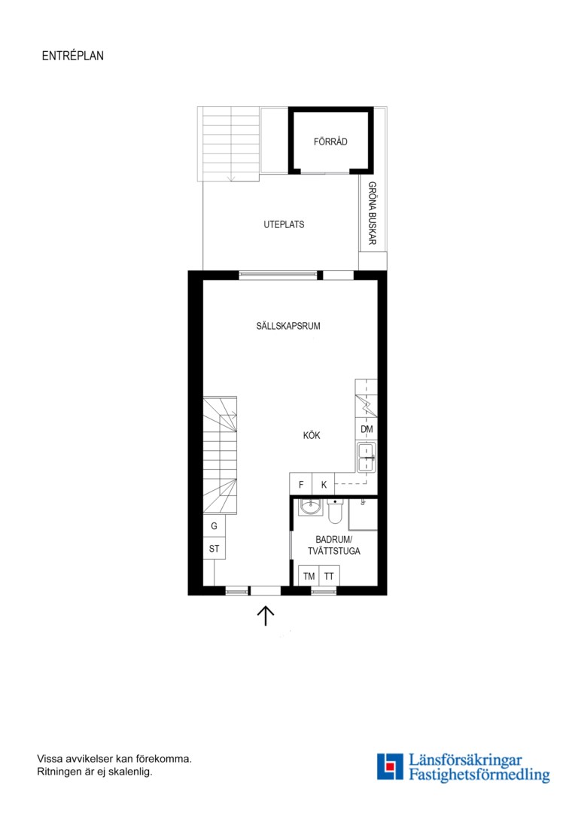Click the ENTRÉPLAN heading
click(72, 56)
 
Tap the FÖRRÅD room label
click(330, 142)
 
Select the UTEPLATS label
click(284, 224)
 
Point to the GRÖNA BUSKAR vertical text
click(373, 213)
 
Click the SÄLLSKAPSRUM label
click(288, 326)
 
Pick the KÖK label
click(312, 436)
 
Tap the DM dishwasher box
click(367, 429)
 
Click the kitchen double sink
click(367, 458)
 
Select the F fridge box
click(301, 484)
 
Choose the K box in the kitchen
click(324, 484)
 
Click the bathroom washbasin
click(311, 507)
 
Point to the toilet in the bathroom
click(335, 510)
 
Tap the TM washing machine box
click(309, 576)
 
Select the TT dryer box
click(329, 576)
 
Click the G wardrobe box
click(214, 525)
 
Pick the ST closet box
click(214, 549)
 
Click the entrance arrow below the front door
click(266, 616)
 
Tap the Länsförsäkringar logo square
click(390, 766)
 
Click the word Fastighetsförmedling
click(479, 775)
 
